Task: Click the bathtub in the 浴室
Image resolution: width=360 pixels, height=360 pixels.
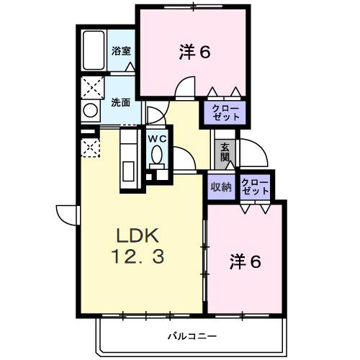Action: click(94, 50)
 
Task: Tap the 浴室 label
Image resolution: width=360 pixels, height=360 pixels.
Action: click(121, 51)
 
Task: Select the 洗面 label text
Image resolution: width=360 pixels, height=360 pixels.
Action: click(120, 102)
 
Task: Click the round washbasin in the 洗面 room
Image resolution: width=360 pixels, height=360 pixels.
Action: click(91, 112)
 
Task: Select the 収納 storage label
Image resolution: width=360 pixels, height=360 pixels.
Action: click(220, 187)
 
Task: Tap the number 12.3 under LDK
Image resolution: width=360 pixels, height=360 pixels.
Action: click(142, 256)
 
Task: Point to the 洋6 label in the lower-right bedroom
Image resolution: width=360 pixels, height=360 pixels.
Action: click(246, 261)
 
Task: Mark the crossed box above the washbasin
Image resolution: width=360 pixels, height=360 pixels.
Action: click(91, 86)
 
